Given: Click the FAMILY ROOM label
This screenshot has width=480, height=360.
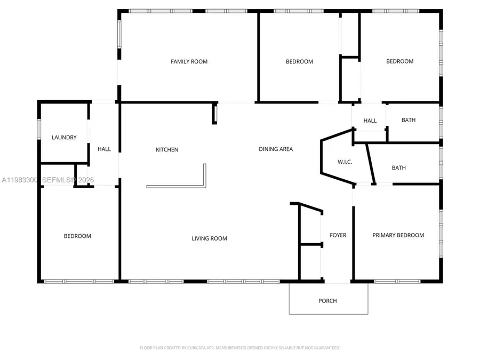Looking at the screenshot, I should [x=189, y=62].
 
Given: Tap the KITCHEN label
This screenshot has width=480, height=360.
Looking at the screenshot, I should [x=167, y=150].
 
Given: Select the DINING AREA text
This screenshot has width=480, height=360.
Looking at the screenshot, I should [x=276, y=149].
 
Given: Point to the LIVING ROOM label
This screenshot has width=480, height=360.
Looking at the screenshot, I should [x=210, y=238].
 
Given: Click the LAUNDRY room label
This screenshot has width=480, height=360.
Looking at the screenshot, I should [x=64, y=138].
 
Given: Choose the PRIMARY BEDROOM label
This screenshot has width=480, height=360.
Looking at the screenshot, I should [x=398, y=235].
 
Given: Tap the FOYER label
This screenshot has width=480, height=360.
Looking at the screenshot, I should [x=338, y=235].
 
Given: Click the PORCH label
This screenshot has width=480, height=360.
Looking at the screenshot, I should [x=327, y=301].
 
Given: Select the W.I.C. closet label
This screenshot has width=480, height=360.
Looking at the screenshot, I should [x=344, y=162].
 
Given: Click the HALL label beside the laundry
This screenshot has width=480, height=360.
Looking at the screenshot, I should [x=105, y=149].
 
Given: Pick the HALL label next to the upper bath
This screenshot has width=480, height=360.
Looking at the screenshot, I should [x=370, y=121].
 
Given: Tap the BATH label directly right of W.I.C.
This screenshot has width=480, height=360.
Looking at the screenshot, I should [x=399, y=168].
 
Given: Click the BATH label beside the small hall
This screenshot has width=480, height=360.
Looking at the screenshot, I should [x=409, y=121].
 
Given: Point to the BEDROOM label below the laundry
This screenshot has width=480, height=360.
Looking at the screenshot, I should [x=77, y=236].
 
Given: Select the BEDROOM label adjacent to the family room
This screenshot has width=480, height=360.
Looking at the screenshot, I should [x=299, y=62].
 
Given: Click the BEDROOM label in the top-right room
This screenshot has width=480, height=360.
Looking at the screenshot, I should [x=399, y=62].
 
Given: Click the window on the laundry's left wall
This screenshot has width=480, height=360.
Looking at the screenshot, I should [x=38, y=129].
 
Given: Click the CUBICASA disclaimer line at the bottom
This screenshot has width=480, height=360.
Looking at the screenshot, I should [x=240, y=348].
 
